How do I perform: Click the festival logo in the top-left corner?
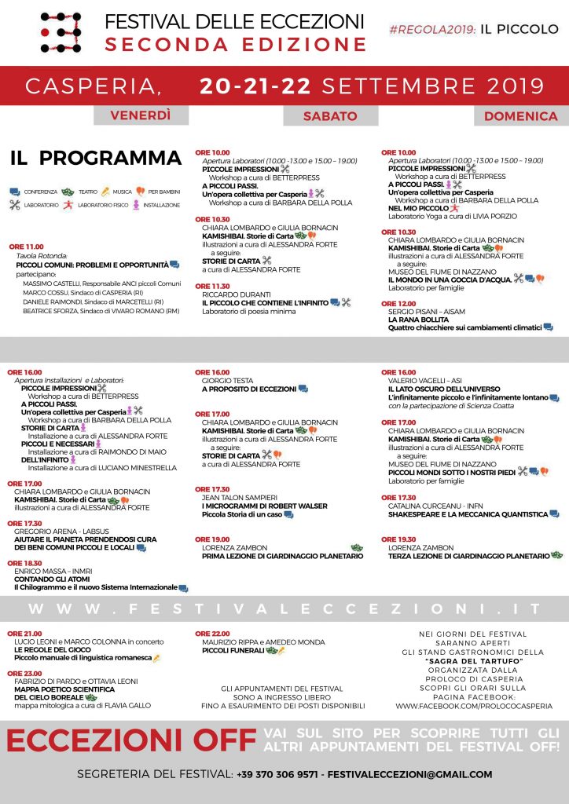click(x=61, y=31)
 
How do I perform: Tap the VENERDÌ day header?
click(x=141, y=115)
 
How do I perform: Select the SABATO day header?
click(x=330, y=115)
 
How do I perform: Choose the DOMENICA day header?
click(x=520, y=115)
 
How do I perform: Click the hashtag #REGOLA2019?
click(x=433, y=29)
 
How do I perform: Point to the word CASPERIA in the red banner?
click(x=94, y=85)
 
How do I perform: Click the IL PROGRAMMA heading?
click(x=96, y=158)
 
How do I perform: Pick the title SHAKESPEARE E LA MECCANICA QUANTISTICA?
click(x=468, y=514)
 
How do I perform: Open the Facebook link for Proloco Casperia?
click(x=485, y=706)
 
